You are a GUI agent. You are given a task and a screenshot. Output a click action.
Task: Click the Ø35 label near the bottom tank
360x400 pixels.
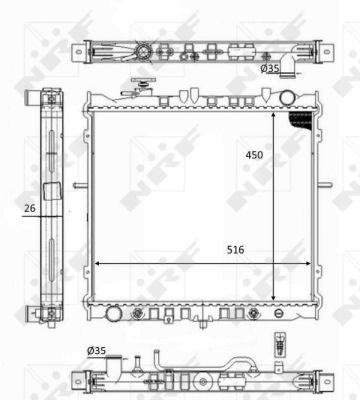[x=98, y=349]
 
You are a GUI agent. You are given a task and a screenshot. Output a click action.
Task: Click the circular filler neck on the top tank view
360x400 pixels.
[x=147, y=51]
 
